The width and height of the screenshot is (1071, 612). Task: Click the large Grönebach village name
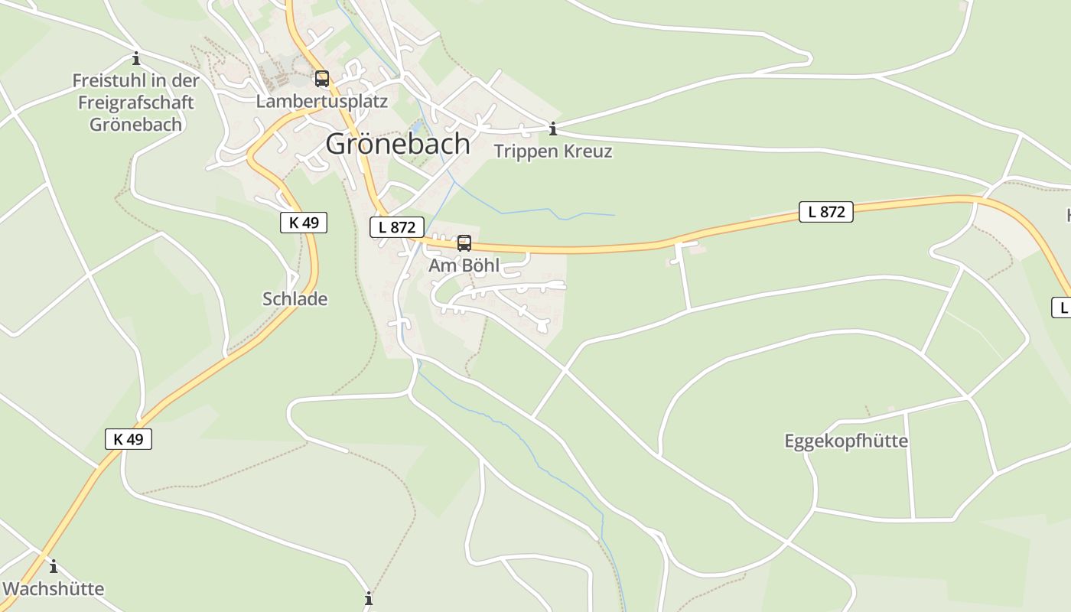click(x=398, y=144)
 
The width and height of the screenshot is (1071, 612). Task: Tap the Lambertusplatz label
click(x=322, y=101)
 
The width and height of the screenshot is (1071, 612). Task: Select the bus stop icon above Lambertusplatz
click(x=322, y=78)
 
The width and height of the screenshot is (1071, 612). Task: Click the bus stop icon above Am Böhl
click(x=464, y=243)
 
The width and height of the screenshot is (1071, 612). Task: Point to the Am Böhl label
click(x=464, y=265)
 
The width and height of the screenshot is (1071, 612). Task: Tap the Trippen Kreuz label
click(x=553, y=151)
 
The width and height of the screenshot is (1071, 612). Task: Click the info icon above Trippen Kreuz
click(x=553, y=129)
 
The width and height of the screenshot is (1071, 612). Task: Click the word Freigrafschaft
click(x=136, y=103)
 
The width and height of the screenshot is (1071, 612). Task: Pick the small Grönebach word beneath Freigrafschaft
click(x=136, y=124)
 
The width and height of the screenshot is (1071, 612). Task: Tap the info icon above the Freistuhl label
click(x=136, y=58)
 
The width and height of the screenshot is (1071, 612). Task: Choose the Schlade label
click(x=295, y=299)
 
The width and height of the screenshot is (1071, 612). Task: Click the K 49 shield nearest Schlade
click(x=304, y=223)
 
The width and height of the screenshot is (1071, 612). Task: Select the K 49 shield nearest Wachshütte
click(x=129, y=439)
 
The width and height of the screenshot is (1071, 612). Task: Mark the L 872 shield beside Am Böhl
click(x=397, y=227)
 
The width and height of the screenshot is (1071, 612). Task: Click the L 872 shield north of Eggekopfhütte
click(x=826, y=212)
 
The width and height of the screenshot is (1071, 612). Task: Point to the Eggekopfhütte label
click(x=846, y=441)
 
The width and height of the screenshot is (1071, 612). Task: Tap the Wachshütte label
click(x=54, y=588)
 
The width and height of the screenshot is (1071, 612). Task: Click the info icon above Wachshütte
click(x=54, y=567)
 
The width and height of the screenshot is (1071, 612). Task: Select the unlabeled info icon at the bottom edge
click(x=369, y=598)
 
